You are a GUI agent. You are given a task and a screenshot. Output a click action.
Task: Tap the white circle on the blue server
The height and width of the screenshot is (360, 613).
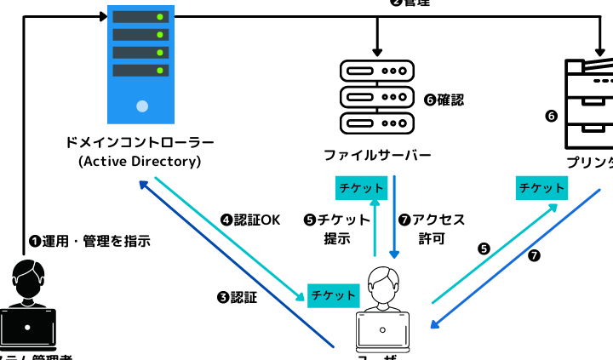click(142, 106)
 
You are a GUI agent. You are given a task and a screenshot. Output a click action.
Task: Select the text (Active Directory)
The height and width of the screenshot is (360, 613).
click(139, 162)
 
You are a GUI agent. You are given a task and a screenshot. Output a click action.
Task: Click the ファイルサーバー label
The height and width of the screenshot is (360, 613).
click(376, 155)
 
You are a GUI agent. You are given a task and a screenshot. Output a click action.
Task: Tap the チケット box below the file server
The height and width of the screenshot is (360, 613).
click(360, 187)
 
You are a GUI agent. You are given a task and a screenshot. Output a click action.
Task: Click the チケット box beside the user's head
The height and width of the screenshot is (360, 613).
click(334, 294)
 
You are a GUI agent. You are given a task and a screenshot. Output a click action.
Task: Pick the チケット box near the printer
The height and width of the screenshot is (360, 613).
click(541, 188)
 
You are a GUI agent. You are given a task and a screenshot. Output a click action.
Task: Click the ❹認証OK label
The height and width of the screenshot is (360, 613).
click(250, 220)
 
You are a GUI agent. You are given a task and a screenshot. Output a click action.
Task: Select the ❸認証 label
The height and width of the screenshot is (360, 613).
click(238, 297)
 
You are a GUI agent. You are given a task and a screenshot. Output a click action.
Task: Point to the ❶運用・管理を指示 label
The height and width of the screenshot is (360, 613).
click(90, 241)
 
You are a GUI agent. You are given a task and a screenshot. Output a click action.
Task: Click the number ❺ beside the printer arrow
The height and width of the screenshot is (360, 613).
click(484, 249)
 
